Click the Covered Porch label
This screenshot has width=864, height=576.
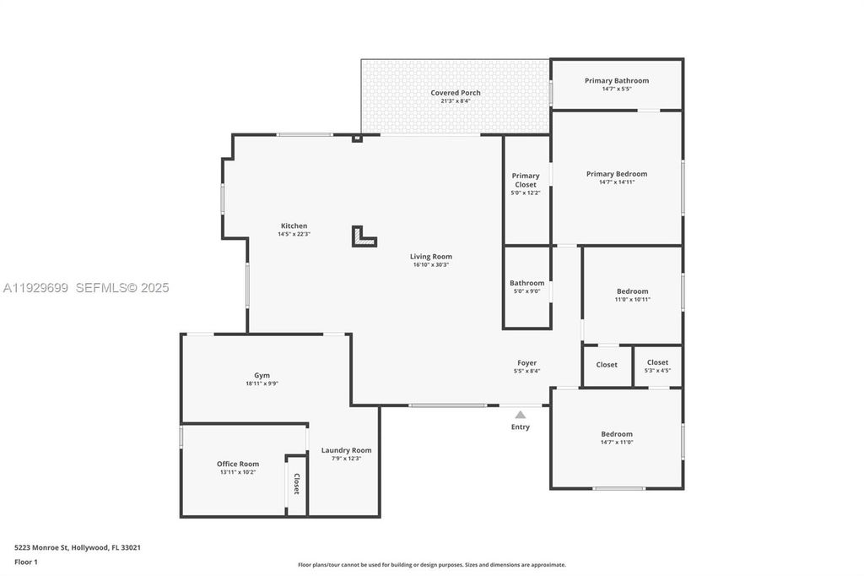coord(456,93)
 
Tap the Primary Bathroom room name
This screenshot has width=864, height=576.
coord(617,81)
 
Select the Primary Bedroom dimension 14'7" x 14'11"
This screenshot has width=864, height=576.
coord(617,182)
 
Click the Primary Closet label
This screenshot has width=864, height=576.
coord(526,180)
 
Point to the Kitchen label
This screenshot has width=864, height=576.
coord(294,226)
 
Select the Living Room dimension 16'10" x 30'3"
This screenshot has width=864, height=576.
coord(431,264)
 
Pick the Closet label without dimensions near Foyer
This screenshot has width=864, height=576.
coord(607,365)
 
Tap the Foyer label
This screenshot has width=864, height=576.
coord(526,363)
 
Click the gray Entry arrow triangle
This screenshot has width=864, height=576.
coord(521,415)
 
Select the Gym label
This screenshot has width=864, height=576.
coord(262,376)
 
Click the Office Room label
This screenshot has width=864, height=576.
coord(238,464)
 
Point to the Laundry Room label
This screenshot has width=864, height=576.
coord(346,450)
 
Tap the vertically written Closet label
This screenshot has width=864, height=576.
coord(296,484)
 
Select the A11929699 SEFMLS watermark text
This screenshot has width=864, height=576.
coord(85,288)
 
